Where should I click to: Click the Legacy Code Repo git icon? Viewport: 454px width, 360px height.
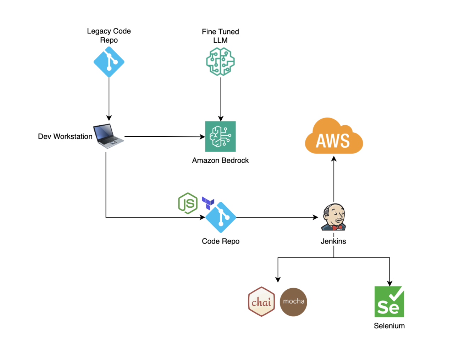tap(109, 62)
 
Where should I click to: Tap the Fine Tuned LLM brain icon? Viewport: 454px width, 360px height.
tap(220, 62)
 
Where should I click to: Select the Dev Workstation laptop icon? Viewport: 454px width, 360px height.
tap(108, 136)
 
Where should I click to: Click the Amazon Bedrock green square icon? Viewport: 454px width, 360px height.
tap(220, 136)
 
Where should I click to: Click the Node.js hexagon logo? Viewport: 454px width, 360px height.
tap(188, 203)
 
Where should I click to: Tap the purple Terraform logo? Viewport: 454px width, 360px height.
tap(208, 203)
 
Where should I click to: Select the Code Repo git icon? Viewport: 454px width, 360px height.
tap(221, 217)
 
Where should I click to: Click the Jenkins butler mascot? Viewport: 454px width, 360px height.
tap(333, 217)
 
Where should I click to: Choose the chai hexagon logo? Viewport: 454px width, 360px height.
tap(261, 302)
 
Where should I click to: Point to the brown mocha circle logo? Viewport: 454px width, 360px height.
tap(293, 302)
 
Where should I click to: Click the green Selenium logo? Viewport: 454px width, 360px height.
tap(389, 302)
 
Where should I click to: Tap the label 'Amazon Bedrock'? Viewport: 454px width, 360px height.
tap(220, 160)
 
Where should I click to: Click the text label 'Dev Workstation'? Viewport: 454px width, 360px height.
tap(65, 137)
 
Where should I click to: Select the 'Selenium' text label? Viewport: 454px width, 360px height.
tap(389, 326)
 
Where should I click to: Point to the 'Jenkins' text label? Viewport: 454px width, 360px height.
tap(333, 241)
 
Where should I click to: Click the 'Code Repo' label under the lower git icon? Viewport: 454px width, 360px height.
tap(221, 241)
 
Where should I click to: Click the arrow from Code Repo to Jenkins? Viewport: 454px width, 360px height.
tap(277, 217)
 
